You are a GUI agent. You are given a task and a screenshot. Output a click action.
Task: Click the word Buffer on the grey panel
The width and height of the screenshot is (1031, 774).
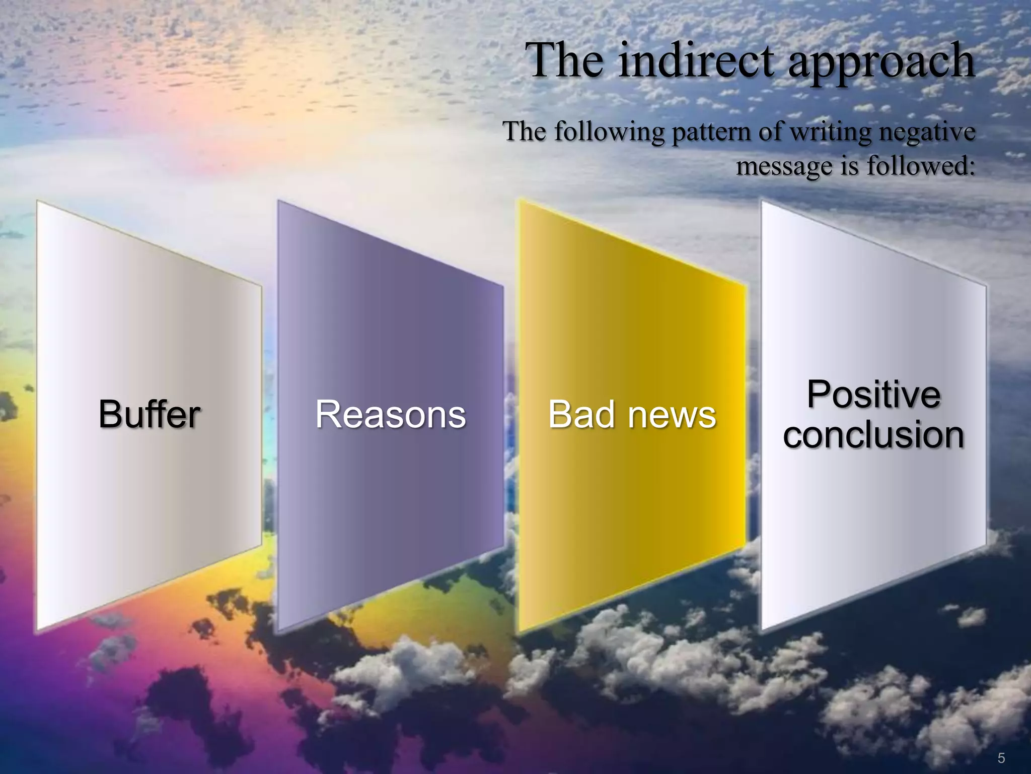[150, 414]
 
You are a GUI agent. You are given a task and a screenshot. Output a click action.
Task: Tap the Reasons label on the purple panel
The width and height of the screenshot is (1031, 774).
[390, 414]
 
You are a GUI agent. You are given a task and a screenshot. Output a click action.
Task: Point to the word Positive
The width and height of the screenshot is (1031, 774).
[873, 394]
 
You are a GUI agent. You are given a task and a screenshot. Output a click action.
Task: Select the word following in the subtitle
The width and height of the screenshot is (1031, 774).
[609, 133]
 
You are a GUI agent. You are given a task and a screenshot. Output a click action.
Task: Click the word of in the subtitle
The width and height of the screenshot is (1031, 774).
[770, 132]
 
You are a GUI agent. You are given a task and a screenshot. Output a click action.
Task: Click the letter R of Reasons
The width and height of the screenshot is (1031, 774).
[327, 414]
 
